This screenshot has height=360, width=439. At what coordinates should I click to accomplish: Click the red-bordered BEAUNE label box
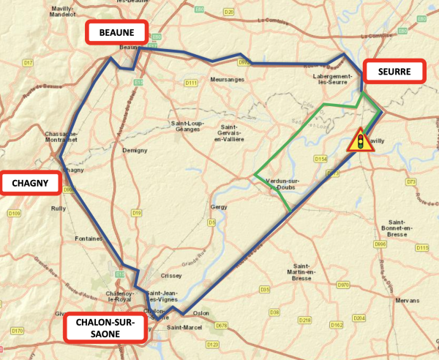tap(117, 33)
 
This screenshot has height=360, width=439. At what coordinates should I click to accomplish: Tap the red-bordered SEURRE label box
tap(394, 72)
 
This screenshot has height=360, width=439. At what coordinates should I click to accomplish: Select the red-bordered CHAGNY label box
tap(30, 183)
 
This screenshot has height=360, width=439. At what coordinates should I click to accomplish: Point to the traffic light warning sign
tap(359, 139)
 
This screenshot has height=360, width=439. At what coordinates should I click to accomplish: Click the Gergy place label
tap(219, 207)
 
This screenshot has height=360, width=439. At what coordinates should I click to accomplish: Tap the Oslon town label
tap(201, 312)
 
